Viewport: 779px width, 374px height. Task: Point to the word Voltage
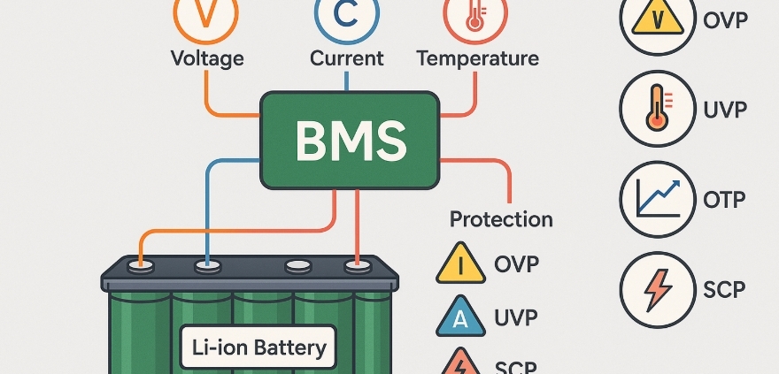click(x=207, y=59)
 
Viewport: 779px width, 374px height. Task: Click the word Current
click(x=346, y=59)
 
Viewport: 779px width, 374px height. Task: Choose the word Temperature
click(x=477, y=59)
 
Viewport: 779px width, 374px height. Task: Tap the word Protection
click(x=501, y=218)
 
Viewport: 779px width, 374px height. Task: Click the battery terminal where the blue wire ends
click(x=207, y=264)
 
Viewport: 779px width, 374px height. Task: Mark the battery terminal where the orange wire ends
click(x=139, y=264)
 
